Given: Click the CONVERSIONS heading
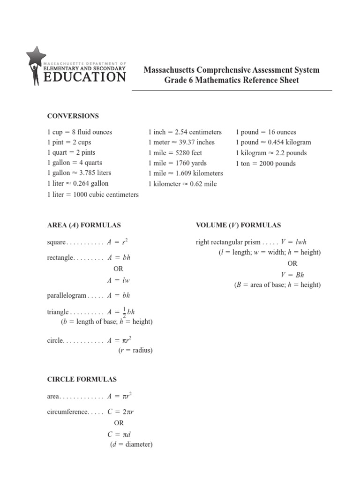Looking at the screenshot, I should pyautogui.click(x=73, y=116).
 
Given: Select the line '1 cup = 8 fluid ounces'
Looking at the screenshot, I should pyautogui.click(x=80, y=132).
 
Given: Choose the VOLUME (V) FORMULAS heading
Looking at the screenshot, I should pyautogui.click(x=238, y=225).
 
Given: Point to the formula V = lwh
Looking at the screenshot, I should pyautogui.click(x=293, y=242).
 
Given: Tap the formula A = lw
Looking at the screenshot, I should pyautogui.click(x=118, y=280).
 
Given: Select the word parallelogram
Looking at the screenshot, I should pyautogui.click(x=67, y=296).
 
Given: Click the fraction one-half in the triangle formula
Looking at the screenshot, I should pyautogui.click(x=124, y=312).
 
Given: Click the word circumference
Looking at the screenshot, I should pyautogui.click(x=67, y=412).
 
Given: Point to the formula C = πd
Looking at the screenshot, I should pyautogui.click(x=118, y=434).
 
